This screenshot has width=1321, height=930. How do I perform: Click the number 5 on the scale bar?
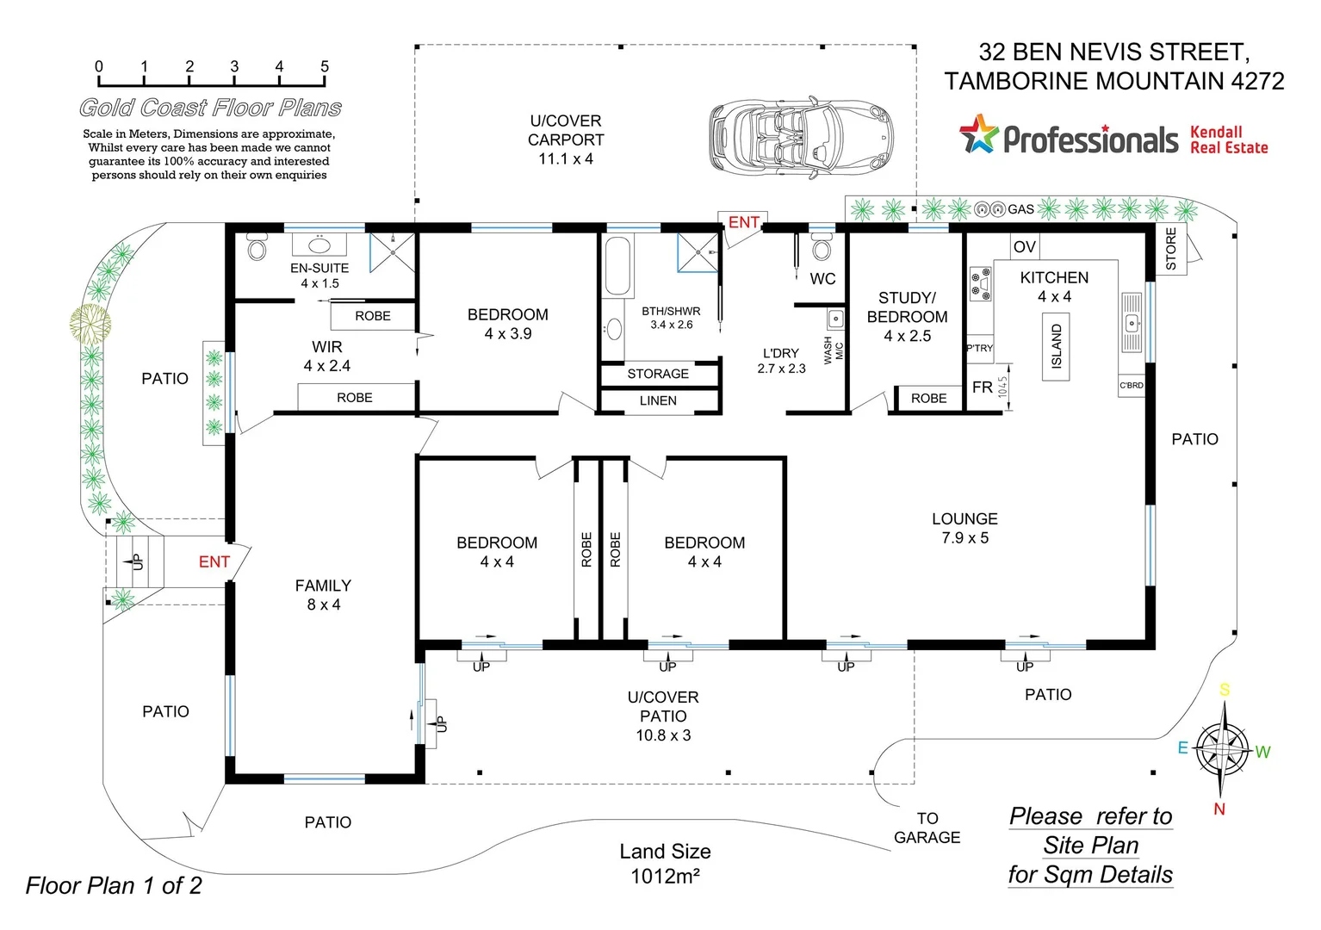(x=325, y=66)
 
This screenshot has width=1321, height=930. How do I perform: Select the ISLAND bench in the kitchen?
(x=1056, y=346)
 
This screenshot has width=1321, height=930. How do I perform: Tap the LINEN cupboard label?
(x=658, y=400)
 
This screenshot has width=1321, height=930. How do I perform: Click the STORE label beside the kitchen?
(x=1170, y=249)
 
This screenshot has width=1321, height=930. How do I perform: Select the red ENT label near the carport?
(x=743, y=222)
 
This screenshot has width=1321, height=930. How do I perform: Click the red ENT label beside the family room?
(x=214, y=562)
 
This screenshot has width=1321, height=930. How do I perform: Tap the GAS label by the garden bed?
(x=1020, y=209)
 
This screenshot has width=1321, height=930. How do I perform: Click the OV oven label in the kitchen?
(x=1024, y=247)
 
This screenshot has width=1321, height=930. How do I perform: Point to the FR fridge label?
(x=982, y=387)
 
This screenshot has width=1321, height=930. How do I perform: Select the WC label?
(x=822, y=279)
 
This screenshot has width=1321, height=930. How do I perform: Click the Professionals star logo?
(x=979, y=135)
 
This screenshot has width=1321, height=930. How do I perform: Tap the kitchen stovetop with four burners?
(x=980, y=284)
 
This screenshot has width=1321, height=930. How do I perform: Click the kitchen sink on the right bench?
(x=1132, y=323)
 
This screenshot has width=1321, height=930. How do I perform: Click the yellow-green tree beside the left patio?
(x=90, y=324)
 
